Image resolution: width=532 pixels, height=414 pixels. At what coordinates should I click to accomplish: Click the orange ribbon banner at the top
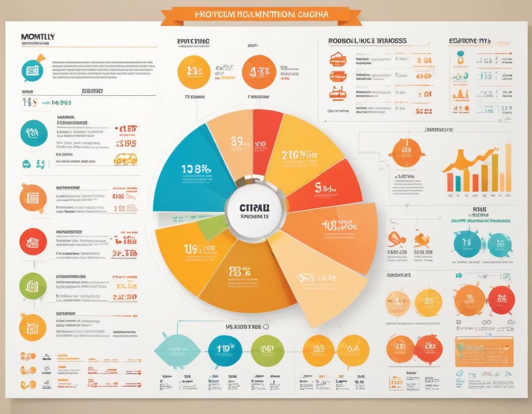[261, 14]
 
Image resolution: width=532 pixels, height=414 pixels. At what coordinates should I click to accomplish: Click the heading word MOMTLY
[38, 36]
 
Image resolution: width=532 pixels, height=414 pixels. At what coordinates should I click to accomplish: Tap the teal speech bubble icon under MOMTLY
[33, 70]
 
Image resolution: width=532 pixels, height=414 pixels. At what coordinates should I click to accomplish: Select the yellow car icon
[125, 159]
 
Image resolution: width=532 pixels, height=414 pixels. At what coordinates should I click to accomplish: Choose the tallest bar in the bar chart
[508, 168]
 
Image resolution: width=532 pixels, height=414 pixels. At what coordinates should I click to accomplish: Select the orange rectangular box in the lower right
[484, 351]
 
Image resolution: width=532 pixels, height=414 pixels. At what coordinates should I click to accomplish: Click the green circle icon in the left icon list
[33, 286]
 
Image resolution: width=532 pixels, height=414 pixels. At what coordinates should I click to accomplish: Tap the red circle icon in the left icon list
[33, 242]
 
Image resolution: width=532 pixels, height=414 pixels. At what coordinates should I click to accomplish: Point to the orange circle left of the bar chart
[407, 152]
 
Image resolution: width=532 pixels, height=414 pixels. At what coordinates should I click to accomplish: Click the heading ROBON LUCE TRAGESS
[368, 41]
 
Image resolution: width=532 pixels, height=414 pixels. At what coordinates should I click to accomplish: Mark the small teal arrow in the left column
[46, 103]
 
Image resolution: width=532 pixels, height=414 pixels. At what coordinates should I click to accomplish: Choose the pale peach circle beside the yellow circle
[398, 303]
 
